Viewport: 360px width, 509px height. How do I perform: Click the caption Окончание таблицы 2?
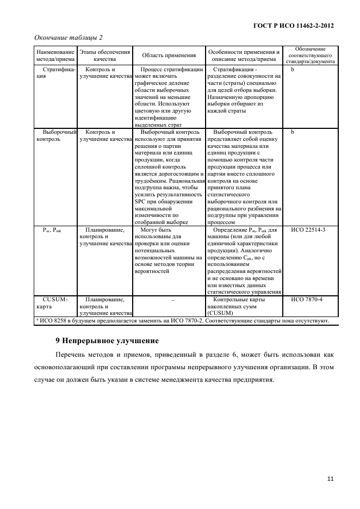click(69, 37)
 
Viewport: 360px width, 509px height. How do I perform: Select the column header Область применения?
click(169, 55)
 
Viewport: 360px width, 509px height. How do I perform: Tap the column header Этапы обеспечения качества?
click(105, 55)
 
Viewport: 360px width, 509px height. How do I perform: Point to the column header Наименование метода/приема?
click(55, 55)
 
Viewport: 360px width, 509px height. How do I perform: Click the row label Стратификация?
click(55, 73)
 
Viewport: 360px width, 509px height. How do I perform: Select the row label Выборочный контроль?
click(55, 135)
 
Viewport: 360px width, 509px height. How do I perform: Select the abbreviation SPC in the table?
click(141, 201)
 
